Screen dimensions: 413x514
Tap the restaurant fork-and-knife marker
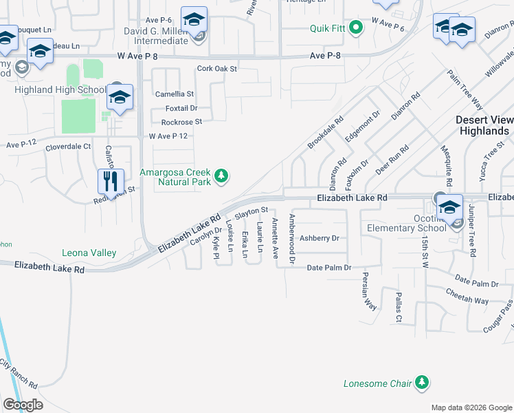(111, 182)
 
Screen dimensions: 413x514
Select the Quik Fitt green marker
(355, 28)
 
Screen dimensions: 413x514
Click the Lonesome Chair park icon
(422, 383)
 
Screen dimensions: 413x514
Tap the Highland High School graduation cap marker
(120, 98)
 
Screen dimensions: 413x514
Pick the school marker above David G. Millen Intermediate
(194, 19)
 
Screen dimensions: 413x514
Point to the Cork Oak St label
(216, 69)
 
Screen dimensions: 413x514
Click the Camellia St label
(175, 94)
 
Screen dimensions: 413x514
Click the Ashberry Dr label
(320, 238)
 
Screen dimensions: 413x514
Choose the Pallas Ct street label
(398, 307)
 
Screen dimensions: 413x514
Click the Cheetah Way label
(466, 300)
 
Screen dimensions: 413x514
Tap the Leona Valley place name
(89, 253)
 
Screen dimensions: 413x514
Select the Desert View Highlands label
(484, 125)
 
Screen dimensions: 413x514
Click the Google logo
(23, 405)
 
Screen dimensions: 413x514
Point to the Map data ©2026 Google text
(471, 407)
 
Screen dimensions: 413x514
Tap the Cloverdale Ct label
(68, 147)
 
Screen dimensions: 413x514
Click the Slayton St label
(250, 213)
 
